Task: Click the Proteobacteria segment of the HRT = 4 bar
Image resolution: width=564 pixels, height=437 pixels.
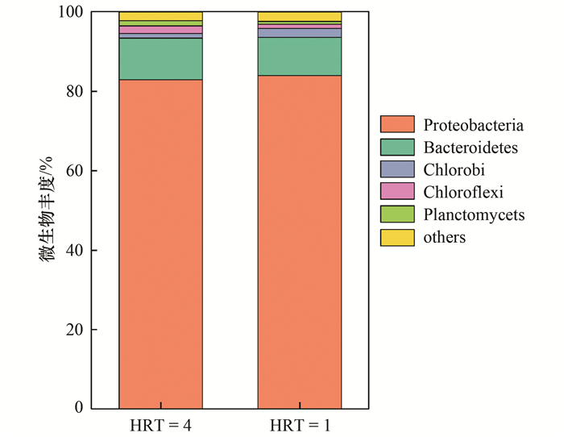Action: tap(160, 242)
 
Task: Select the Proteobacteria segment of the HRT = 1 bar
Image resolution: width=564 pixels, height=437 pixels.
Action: tap(299, 242)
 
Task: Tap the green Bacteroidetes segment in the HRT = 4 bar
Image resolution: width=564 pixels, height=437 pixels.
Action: tap(160, 59)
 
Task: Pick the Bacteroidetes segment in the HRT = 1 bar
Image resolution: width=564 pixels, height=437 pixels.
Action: tap(299, 56)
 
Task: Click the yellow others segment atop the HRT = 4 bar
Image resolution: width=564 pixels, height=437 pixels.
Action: tap(160, 16)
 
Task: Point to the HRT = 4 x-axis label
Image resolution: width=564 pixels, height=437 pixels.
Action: tap(160, 424)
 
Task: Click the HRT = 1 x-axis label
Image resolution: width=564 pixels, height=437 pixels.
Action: tap(299, 424)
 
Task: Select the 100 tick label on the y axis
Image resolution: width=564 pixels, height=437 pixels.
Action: tap(70, 12)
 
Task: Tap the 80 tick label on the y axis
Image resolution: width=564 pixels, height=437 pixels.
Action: tap(74, 92)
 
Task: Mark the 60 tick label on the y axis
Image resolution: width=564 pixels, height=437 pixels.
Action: tap(74, 171)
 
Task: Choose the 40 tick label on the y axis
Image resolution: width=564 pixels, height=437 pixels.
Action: tap(74, 251)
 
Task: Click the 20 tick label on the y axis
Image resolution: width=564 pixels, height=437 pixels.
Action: tap(74, 330)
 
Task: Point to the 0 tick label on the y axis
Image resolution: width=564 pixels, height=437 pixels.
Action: tap(78, 408)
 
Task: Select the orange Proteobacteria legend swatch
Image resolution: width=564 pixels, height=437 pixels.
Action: tap(397, 125)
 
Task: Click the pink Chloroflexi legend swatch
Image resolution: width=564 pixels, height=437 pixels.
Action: tap(397, 192)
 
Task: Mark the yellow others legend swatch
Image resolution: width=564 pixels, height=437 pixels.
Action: tap(397, 237)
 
